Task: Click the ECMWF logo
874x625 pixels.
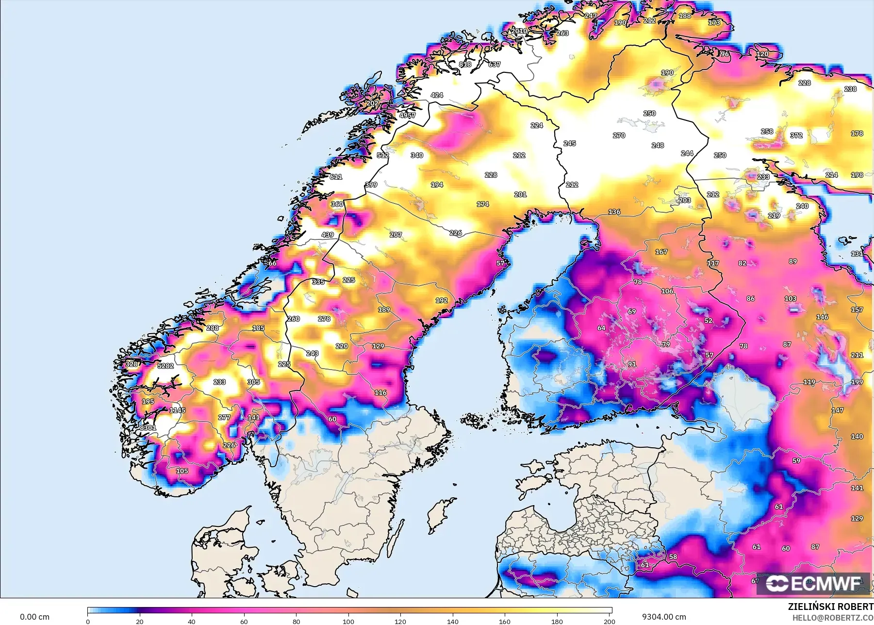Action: [813, 584]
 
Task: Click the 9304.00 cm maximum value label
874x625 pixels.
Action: [663, 617]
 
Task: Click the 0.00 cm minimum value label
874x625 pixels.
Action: [34, 617]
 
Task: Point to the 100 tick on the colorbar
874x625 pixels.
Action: [348, 621]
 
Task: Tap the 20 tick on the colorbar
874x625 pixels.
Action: [140, 621]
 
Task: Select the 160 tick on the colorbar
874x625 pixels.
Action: [505, 621]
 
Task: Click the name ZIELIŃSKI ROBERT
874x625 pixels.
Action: [830, 607]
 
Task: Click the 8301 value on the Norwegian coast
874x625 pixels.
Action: [148, 428]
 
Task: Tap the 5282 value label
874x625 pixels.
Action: [165, 366]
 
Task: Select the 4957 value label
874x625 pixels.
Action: [407, 116]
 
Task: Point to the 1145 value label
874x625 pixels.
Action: [177, 410]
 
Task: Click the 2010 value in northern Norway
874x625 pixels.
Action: [519, 31]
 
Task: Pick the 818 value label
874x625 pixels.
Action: [465, 64]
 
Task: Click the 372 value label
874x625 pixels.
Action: [796, 135]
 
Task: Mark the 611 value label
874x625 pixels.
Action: [336, 177]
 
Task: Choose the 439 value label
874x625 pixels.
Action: [328, 235]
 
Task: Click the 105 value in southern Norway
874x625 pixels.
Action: [182, 471]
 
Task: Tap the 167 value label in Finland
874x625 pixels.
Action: [661, 252]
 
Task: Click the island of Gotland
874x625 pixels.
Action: [438, 516]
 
